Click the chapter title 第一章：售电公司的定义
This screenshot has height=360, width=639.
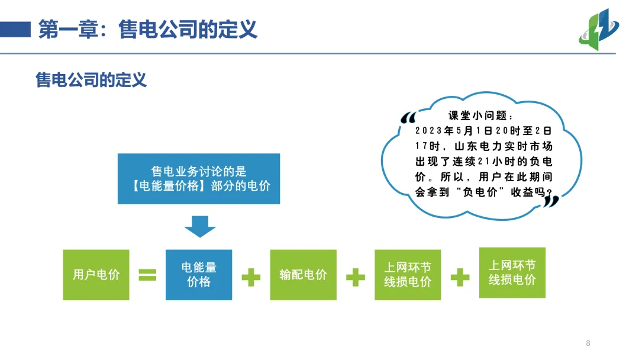click(148, 28)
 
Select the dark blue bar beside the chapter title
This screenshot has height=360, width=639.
click(15, 29)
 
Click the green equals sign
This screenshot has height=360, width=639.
click(147, 275)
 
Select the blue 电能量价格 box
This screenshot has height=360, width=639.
click(199, 275)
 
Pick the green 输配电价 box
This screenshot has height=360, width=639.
click(303, 275)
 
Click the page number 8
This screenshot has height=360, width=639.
click(588, 343)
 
